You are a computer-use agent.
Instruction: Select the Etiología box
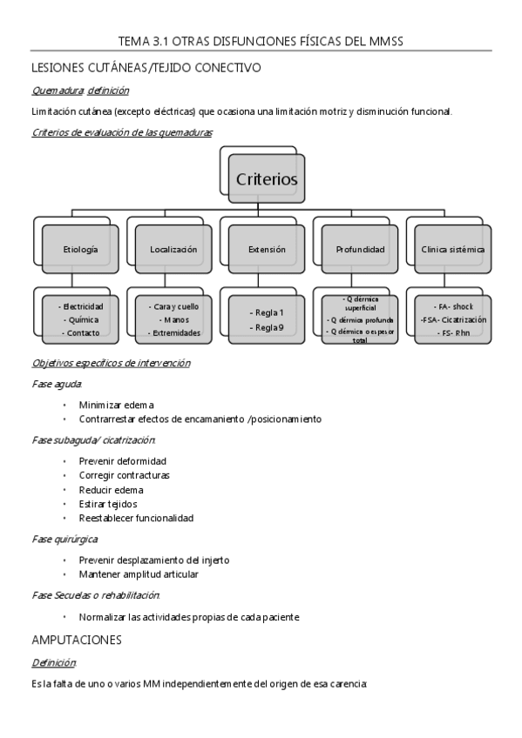click(x=80, y=249)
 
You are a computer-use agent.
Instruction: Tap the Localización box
click(x=173, y=249)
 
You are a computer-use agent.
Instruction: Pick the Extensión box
click(x=267, y=249)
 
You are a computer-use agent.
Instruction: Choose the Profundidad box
click(x=360, y=249)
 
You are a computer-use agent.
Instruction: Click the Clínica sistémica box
click(x=453, y=249)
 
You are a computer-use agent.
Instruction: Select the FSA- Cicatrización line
click(x=453, y=319)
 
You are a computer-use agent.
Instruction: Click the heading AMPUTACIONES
click(x=76, y=640)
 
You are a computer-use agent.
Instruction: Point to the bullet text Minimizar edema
click(x=116, y=405)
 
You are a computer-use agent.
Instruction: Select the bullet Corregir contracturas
click(x=124, y=475)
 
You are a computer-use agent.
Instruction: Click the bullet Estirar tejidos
click(x=107, y=504)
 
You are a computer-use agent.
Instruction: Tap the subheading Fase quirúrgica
click(x=58, y=540)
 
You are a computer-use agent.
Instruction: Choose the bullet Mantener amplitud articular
click(x=139, y=574)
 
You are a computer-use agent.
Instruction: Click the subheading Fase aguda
click(x=56, y=383)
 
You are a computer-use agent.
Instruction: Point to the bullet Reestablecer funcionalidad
click(x=136, y=518)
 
